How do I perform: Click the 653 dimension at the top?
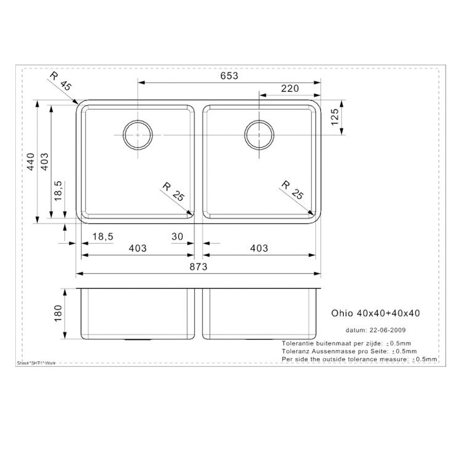230,76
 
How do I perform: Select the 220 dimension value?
290,89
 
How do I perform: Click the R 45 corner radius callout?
60,82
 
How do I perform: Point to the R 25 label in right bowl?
292,191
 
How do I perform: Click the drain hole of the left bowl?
137,134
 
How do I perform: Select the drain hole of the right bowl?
260,134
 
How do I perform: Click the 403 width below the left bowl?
137,248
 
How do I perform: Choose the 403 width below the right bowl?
259,248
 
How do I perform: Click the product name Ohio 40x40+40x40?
374,312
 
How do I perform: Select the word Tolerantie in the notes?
297,343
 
